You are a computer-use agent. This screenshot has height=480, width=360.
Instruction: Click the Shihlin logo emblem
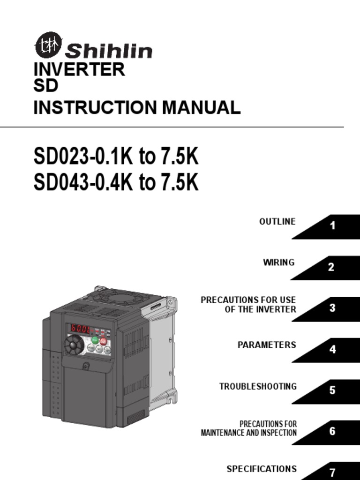coord(48,45)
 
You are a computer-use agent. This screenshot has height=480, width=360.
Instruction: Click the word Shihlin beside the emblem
coord(109,51)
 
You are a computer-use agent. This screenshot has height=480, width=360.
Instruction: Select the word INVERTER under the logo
coord(79,69)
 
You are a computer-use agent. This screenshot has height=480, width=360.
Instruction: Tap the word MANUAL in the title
coord(201,107)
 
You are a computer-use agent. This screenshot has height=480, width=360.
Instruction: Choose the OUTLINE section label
coord(277,221)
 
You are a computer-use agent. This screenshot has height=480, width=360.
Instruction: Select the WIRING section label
coord(279,262)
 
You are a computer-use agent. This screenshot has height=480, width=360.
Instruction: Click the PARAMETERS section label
coord(267,345)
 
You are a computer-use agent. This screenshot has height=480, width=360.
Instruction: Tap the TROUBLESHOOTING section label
coord(258,387)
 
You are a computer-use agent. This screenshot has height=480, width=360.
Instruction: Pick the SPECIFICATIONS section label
coord(262,469)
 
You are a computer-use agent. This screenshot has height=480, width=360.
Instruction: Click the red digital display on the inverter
coord(81,329)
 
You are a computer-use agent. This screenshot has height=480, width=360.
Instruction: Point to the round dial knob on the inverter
coord(74,346)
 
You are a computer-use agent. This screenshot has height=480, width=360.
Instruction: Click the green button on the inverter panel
coord(95,340)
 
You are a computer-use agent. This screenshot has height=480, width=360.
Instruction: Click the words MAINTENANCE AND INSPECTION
coord(248,433)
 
